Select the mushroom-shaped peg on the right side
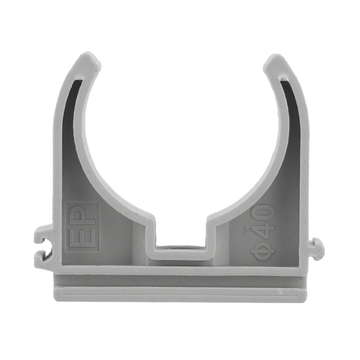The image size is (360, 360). pos(318,247)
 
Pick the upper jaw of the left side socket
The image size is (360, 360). pos(44,232)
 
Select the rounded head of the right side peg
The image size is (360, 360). pos(322,247)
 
